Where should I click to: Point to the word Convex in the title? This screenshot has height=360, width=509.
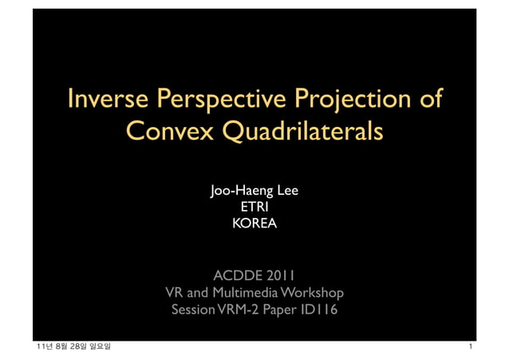click(168, 130)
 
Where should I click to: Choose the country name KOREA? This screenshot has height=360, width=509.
click(254, 225)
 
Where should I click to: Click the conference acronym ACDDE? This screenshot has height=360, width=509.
click(236, 276)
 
